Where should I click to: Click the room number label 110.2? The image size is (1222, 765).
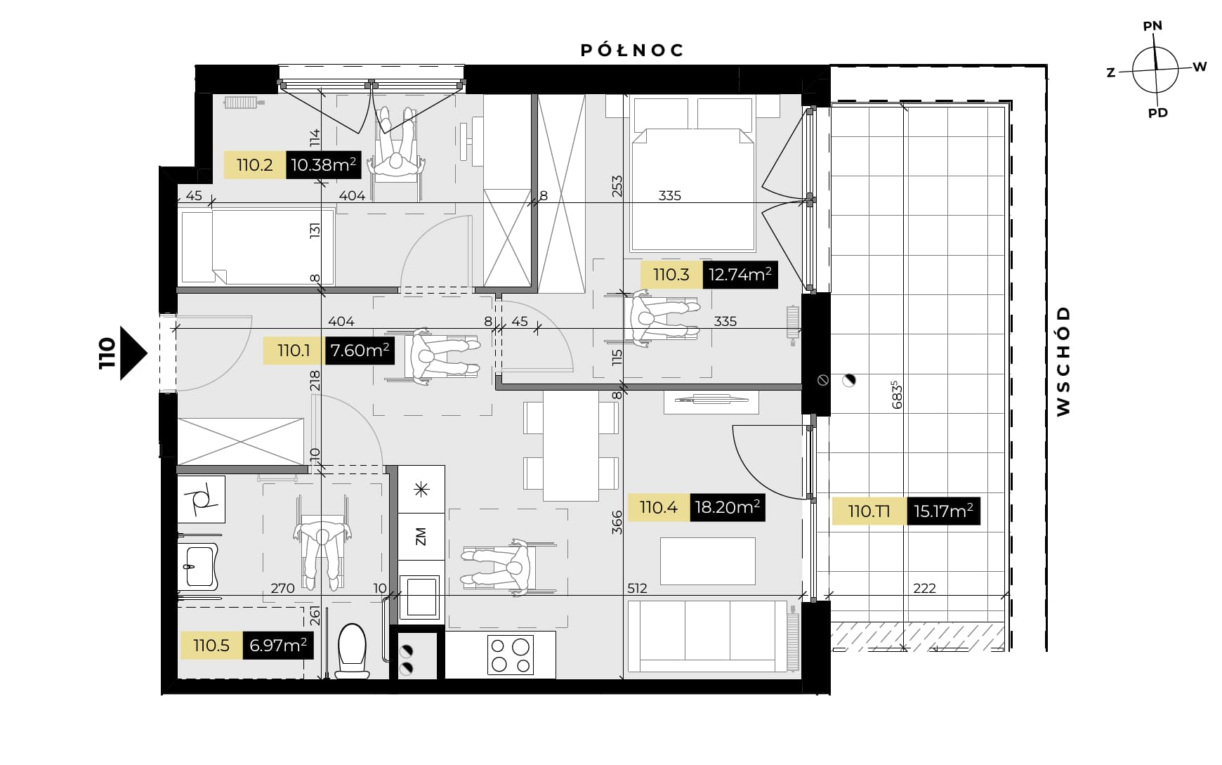pos(254,165)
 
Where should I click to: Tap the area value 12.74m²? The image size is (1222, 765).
pos(740,275)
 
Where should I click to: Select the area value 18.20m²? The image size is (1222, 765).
pos(727,506)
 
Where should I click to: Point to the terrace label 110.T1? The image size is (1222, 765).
pos(869,511)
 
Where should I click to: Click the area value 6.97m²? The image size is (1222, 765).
pos(278,645)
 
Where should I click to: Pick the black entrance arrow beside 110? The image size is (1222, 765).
pos(133,353)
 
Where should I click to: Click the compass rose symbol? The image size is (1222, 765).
pos(1155,70)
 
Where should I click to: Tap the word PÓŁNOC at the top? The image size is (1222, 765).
pos(632,50)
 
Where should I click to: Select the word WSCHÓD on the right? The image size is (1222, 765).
pos(1063,360)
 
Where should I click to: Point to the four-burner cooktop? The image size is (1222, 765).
pos(511,654)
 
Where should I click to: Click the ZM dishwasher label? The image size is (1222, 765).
pos(421,537)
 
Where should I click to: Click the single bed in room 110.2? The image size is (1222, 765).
pos(256,247)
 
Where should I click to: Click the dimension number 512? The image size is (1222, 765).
pos(637,588)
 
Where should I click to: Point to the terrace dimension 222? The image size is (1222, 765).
pos(924,588)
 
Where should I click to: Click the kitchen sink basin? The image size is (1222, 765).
pos(420,597)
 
